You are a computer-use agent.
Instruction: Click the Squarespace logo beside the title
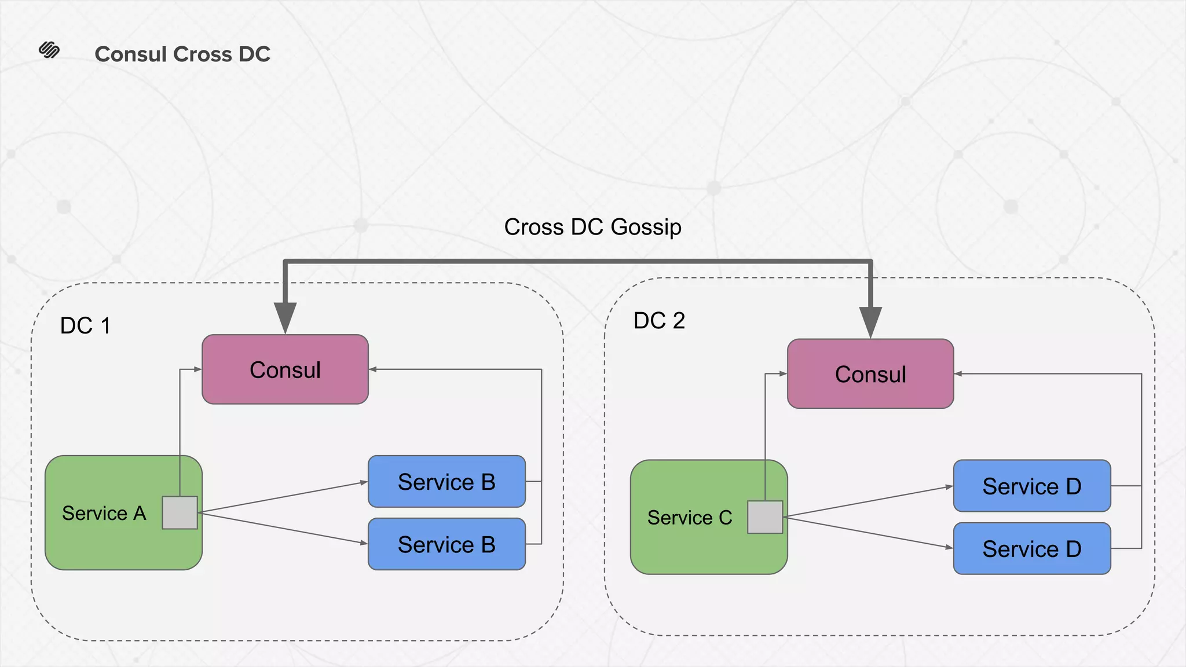point(49,50)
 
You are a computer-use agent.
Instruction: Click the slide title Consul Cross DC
point(182,54)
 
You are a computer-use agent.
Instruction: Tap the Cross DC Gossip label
point(592,226)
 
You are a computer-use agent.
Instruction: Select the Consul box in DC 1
point(285,369)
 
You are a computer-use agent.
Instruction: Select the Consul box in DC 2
point(870,374)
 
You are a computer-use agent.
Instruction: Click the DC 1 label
point(85,325)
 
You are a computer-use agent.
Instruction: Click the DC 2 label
point(659,320)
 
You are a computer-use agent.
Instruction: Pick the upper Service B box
point(446,482)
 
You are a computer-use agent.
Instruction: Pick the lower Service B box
point(446,544)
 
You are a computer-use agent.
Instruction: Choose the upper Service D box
point(1031,486)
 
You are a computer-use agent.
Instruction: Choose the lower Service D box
point(1031,549)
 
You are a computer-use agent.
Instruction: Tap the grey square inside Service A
point(180,512)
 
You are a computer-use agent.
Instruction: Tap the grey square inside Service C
point(765,517)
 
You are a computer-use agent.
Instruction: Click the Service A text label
point(104,513)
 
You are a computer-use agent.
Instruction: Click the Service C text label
point(689,518)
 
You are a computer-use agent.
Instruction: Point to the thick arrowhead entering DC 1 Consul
point(285,317)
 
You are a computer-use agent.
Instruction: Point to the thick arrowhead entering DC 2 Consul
point(870,322)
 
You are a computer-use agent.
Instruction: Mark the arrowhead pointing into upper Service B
point(364,482)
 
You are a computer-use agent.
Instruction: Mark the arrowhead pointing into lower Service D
point(949,547)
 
